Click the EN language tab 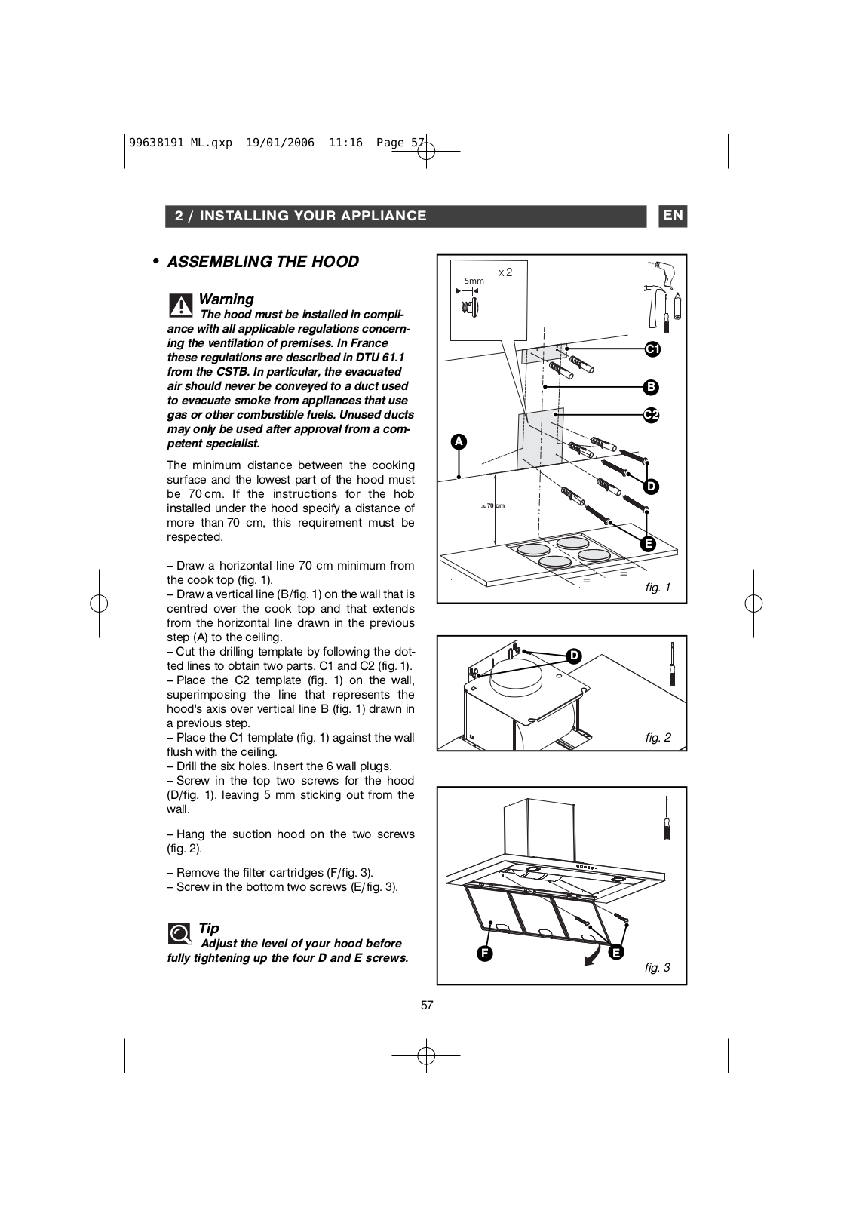click(x=673, y=216)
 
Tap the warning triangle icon click(x=180, y=305)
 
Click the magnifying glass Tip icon click(x=179, y=934)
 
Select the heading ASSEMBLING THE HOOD click(x=262, y=262)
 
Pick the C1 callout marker click(x=652, y=349)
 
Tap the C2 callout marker click(x=651, y=415)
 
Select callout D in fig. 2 click(x=574, y=656)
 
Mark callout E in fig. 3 click(x=616, y=953)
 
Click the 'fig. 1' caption click(x=658, y=588)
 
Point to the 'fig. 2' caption click(x=658, y=738)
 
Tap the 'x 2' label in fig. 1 click(x=505, y=272)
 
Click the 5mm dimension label click(x=474, y=281)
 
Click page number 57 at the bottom click(x=427, y=1005)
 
